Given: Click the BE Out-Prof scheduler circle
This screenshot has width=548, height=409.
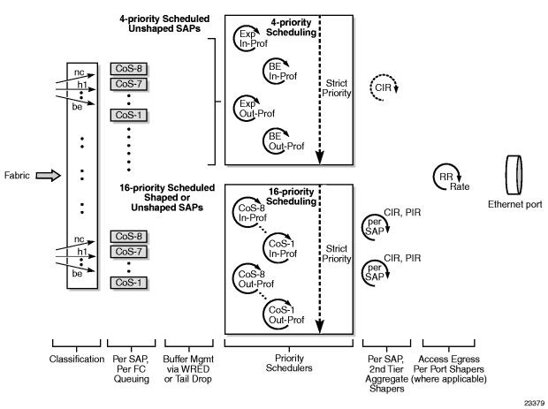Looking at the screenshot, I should click(x=278, y=141).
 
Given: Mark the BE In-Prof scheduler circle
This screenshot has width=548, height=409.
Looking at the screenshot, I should click(x=278, y=72).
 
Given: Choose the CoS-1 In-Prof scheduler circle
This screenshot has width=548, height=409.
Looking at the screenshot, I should click(x=280, y=246).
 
